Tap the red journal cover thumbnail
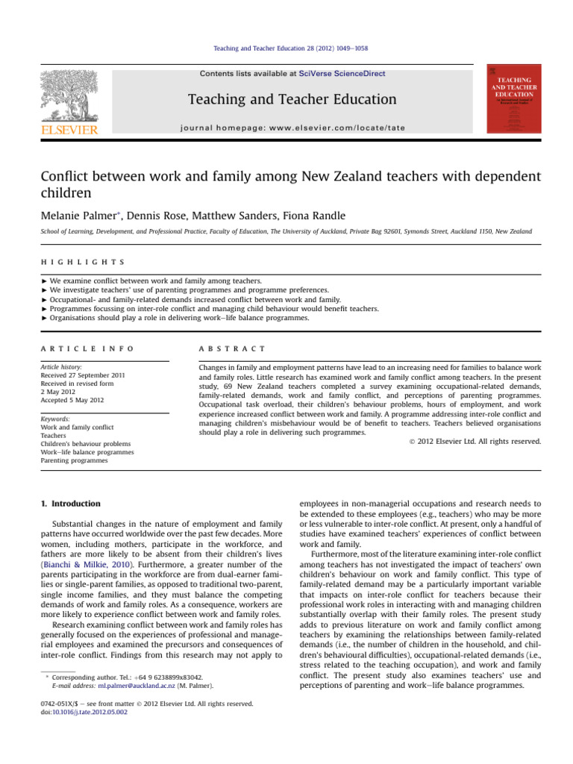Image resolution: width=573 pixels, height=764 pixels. (x=513, y=99)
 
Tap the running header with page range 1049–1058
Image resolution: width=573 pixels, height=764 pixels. (x=286, y=48)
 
